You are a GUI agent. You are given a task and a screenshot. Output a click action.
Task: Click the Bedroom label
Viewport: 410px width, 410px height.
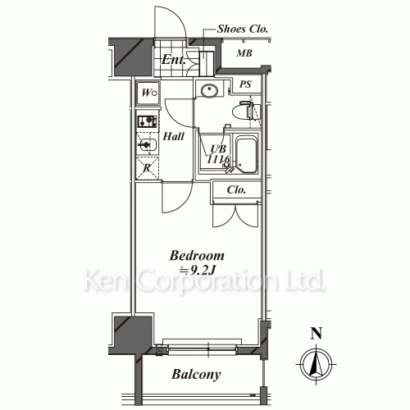click(x=197, y=256)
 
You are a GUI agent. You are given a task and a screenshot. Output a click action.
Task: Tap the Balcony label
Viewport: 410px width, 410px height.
click(x=196, y=374)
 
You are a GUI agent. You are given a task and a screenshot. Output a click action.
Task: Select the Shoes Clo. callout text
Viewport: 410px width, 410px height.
click(x=242, y=29)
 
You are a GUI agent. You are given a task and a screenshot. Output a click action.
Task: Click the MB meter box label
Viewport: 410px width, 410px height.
click(x=244, y=53)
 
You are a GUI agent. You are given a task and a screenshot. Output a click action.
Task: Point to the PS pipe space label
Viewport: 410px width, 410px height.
click(x=245, y=84)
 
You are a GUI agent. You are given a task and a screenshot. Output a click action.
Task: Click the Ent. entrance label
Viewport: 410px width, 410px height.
click(x=174, y=60)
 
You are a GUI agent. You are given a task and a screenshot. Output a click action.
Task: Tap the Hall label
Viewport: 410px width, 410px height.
click(x=174, y=136)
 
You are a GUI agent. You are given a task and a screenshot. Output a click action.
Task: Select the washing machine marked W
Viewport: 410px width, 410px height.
click(x=148, y=93)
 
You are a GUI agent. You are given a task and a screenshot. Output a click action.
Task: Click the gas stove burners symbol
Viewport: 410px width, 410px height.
click(x=148, y=121)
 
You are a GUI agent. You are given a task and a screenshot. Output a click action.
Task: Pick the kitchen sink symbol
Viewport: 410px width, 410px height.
click(x=148, y=145)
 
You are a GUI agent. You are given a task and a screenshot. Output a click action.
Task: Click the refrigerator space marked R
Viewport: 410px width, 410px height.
click(x=148, y=168)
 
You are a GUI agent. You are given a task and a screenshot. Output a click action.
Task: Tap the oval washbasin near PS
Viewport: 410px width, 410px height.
click(x=209, y=90)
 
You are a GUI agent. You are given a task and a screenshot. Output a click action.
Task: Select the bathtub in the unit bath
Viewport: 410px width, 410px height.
click(x=247, y=156)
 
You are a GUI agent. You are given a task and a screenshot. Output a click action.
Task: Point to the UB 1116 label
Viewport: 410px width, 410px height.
click(x=218, y=154)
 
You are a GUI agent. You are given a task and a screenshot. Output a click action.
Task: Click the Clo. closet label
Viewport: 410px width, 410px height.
click(x=236, y=189)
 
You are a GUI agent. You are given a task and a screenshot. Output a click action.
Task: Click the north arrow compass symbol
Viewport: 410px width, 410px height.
click(x=316, y=364)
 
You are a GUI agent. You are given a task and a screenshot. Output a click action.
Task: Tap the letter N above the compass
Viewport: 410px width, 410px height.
click(x=317, y=333)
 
